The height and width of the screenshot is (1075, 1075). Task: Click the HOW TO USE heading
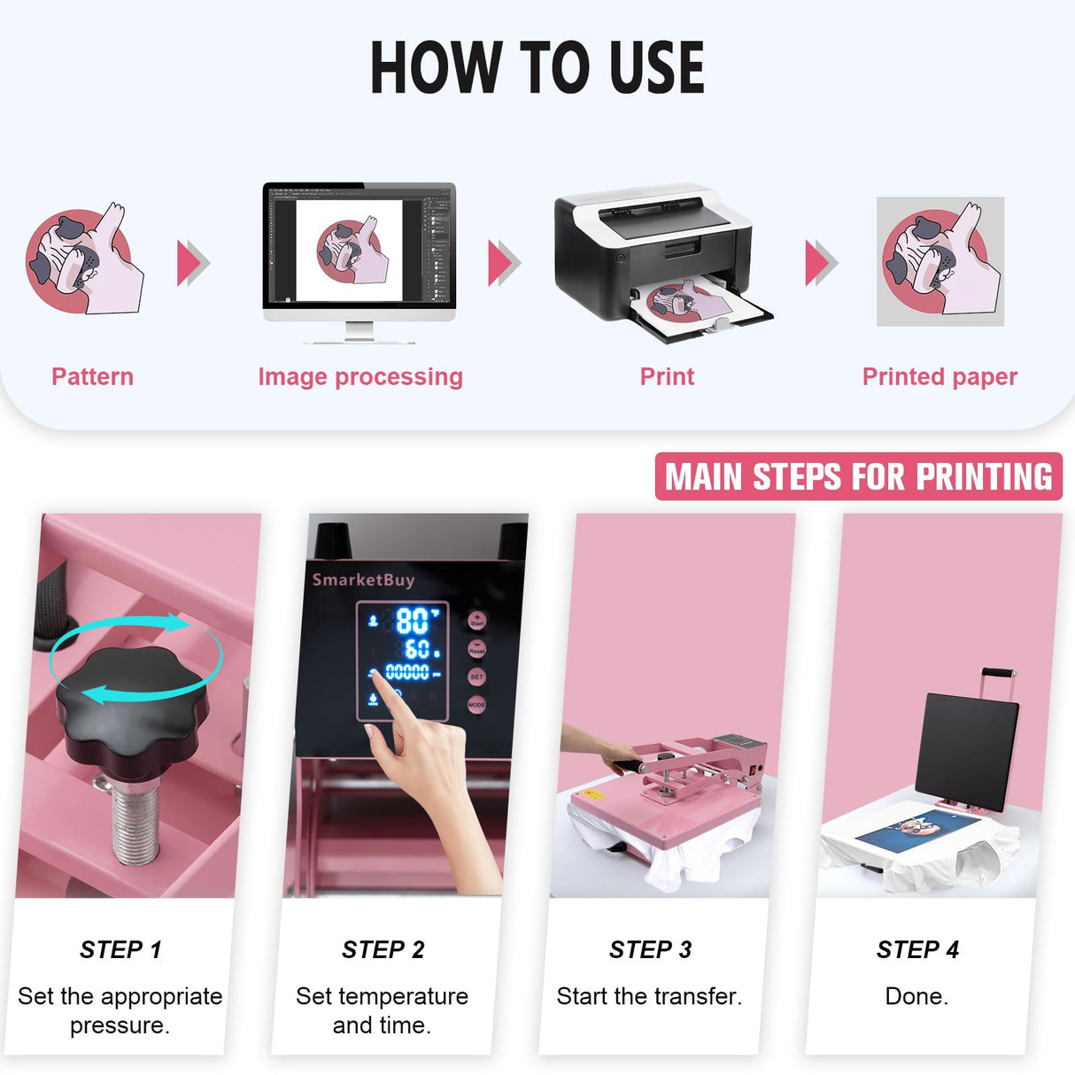pyautogui.click(x=537, y=68)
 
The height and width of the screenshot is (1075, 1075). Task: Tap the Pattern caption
pyautogui.click(x=92, y=376)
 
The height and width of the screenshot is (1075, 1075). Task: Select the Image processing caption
pyautogui.click(x=360, y=376)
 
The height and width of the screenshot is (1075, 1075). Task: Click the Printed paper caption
pyautogui.click(x=940, y=376)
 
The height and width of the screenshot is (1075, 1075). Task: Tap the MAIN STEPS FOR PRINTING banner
pyautogui.click(x=858, y=476)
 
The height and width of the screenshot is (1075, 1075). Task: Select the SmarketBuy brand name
pyautogui.click(x=363, y=580)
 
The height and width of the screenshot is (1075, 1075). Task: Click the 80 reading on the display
pyautogui.click(x=411, y=621)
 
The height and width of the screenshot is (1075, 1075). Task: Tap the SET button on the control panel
pyautogui.click(x=476, y=677)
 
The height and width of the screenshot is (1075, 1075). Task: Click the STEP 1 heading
pyautogui.click(x=120, y=949)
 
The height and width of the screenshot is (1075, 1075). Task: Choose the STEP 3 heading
pyautogui.click(x=650, y=949)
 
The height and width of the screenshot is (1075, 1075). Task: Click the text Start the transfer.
pyautogui.click(x=649, y=996)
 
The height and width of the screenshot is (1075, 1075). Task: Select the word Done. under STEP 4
pyautogui.click(x=916, y=996)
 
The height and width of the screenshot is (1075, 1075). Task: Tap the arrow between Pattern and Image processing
pyautogui.click(x=193, y=263)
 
